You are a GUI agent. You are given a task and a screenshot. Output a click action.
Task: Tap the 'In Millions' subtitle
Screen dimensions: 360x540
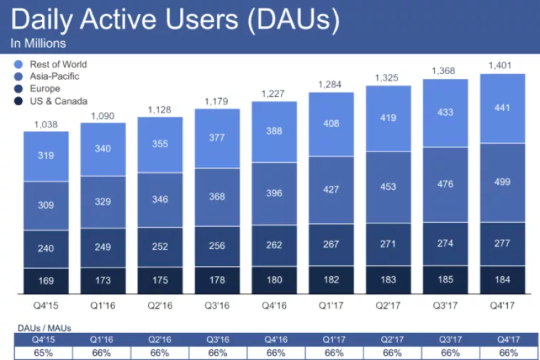pyautogui.click(x=38, y=43)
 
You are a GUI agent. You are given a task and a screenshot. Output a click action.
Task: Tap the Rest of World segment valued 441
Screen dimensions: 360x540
pyautogui.click(x=503, y=107)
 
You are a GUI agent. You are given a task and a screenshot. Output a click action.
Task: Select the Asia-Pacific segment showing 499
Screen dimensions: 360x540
pyautogui.click(x=503, y=182)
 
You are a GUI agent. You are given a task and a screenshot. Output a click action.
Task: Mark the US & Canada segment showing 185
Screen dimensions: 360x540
pyautogui.click(x=445, y=280)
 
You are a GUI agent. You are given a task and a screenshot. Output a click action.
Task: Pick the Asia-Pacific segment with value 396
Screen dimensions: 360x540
pyautogui.click(x=274, y=194)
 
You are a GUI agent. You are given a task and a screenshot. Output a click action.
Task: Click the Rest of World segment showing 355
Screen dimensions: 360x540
pyautogui.click(x=160, y=144)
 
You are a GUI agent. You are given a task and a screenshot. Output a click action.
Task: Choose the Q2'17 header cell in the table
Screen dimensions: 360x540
pyautogui.click(x=388, y=339)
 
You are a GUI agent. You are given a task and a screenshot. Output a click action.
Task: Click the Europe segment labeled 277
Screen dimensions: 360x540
pyautogui.click(x=503, y=243)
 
